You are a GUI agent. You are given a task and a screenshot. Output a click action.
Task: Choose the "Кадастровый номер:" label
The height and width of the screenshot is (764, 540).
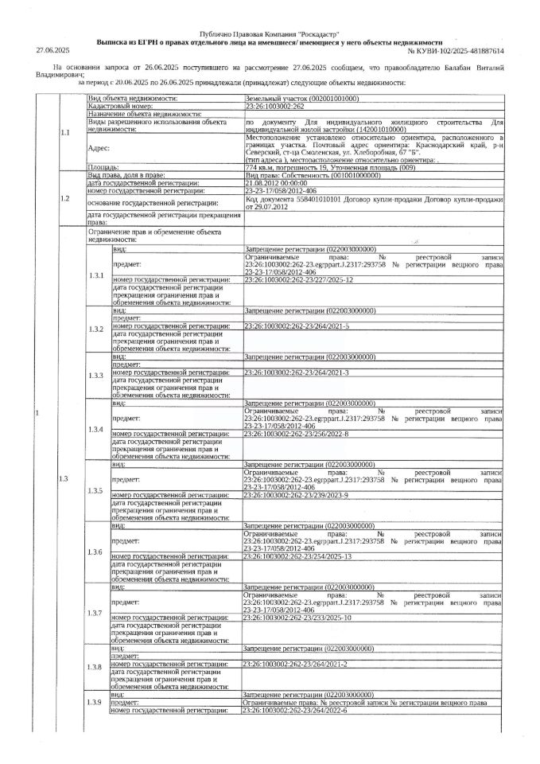120,105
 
